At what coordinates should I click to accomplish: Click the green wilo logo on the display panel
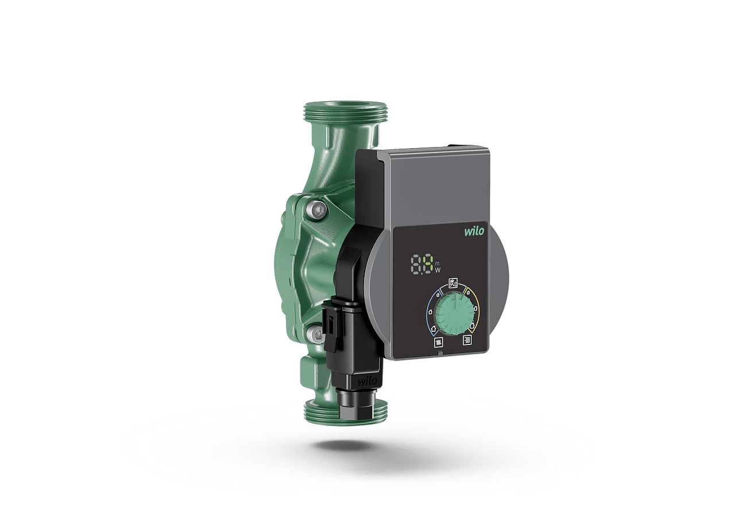point(474,231)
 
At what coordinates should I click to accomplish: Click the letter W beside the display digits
point(438,270)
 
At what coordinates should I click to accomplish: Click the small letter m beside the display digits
point(438,263)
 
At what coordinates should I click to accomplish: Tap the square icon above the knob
point(454,283)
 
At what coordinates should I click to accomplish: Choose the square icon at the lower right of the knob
point(467,340)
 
